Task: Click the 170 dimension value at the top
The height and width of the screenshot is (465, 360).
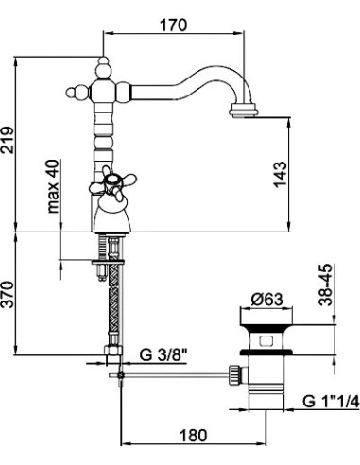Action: point(173,25)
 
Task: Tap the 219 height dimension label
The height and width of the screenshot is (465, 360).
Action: point(8,140)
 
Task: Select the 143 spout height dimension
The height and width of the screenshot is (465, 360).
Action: point(280,175)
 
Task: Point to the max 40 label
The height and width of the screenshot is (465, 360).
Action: point(53,186)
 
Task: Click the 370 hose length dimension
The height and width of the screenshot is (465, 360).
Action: point(8,295)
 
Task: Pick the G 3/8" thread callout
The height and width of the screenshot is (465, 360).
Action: point(163,355)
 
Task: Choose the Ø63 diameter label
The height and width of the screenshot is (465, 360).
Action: point(266,300)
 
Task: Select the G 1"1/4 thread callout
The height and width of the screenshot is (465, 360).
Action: point(331,402)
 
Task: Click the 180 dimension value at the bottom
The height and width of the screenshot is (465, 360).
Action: point(194,436)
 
